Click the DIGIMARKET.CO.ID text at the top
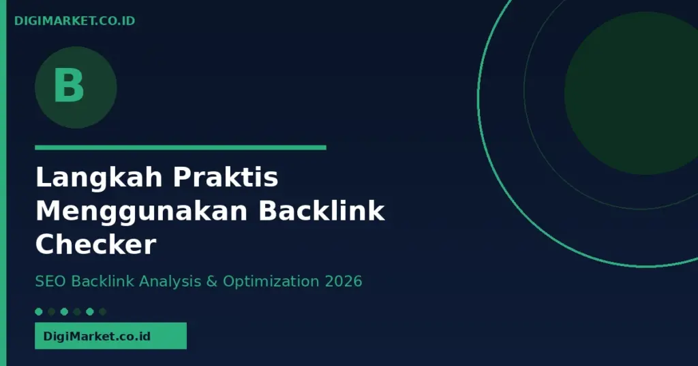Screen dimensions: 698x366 tap(75, 21)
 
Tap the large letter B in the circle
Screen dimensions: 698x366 tap(69, 85)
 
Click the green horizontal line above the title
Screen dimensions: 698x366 tap(180, 148)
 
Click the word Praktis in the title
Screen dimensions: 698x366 tap(226, 177)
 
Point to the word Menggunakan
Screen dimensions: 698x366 tap(142, 212)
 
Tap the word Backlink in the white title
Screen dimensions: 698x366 tap(322, 210)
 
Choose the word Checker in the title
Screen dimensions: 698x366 tap(95, 244)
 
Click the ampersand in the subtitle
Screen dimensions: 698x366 tap(212, 282)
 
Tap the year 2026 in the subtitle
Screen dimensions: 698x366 tap(344, 281)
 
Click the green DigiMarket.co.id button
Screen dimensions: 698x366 tap(111, 336)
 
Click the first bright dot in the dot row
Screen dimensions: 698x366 tap(39, 312)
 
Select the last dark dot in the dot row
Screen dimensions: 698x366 tap(103, 312)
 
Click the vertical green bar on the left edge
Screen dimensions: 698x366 tap(3, 183)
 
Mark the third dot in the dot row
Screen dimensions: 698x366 tap(64, 312)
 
